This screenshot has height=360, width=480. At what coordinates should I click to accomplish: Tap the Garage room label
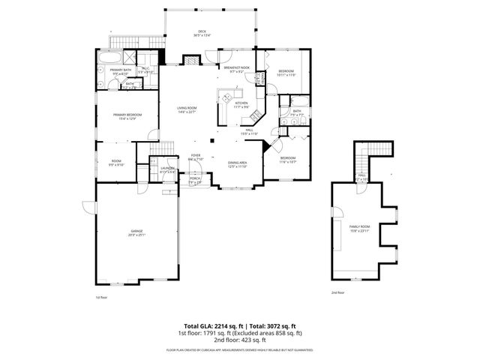point(136,232)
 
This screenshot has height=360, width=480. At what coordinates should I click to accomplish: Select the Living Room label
point(187,109)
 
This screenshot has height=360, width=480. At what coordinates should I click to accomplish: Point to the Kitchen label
point(241,105)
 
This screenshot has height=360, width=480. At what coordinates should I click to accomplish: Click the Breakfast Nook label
point(236,69)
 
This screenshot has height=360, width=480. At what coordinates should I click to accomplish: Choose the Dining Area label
point(238,163)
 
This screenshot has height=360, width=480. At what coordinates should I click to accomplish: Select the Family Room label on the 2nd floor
point(360,228)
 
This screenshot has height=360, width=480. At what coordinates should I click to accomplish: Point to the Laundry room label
point(168,170)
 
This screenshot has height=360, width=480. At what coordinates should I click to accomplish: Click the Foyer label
point(195,157)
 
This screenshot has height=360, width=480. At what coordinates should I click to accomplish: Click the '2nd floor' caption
point(338,292)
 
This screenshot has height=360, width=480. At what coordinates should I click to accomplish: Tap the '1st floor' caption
point(101,297)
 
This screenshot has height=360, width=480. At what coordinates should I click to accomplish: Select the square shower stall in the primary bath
point(130,57)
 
